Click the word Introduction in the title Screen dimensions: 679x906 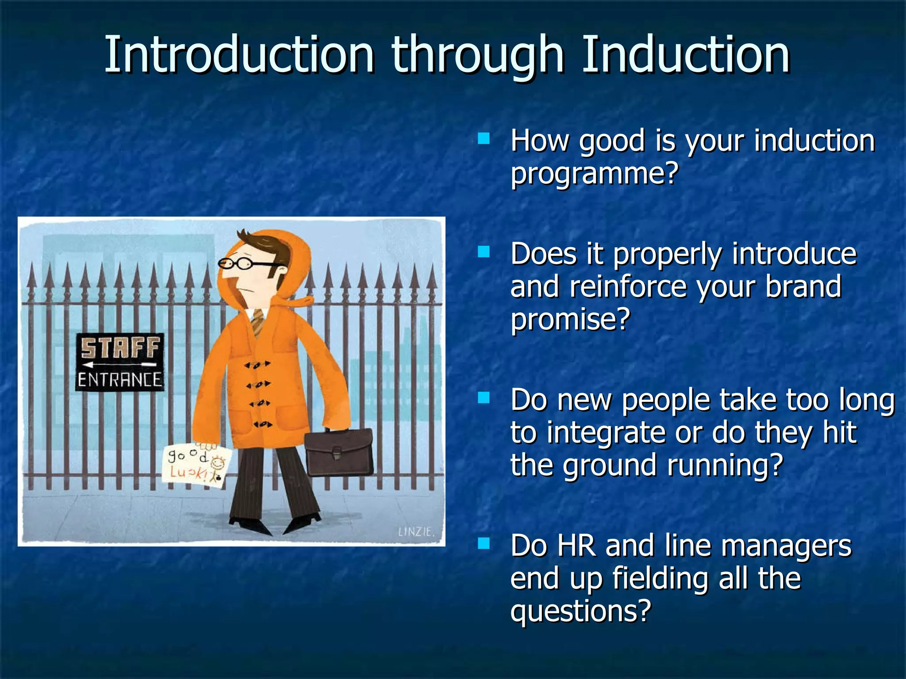[239, 55]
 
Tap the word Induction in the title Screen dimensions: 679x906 [686, 55]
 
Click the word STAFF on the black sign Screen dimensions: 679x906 [120, 348]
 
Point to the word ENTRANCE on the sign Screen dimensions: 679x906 [120, 380]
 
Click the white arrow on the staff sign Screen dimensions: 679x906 [120, 365]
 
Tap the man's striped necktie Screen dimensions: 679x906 [258, 322]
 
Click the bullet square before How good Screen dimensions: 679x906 [484, 139]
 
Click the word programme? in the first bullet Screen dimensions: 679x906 [594, 173]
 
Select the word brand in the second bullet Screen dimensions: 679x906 [803, 286]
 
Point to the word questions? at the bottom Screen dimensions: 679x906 [580, 611]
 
